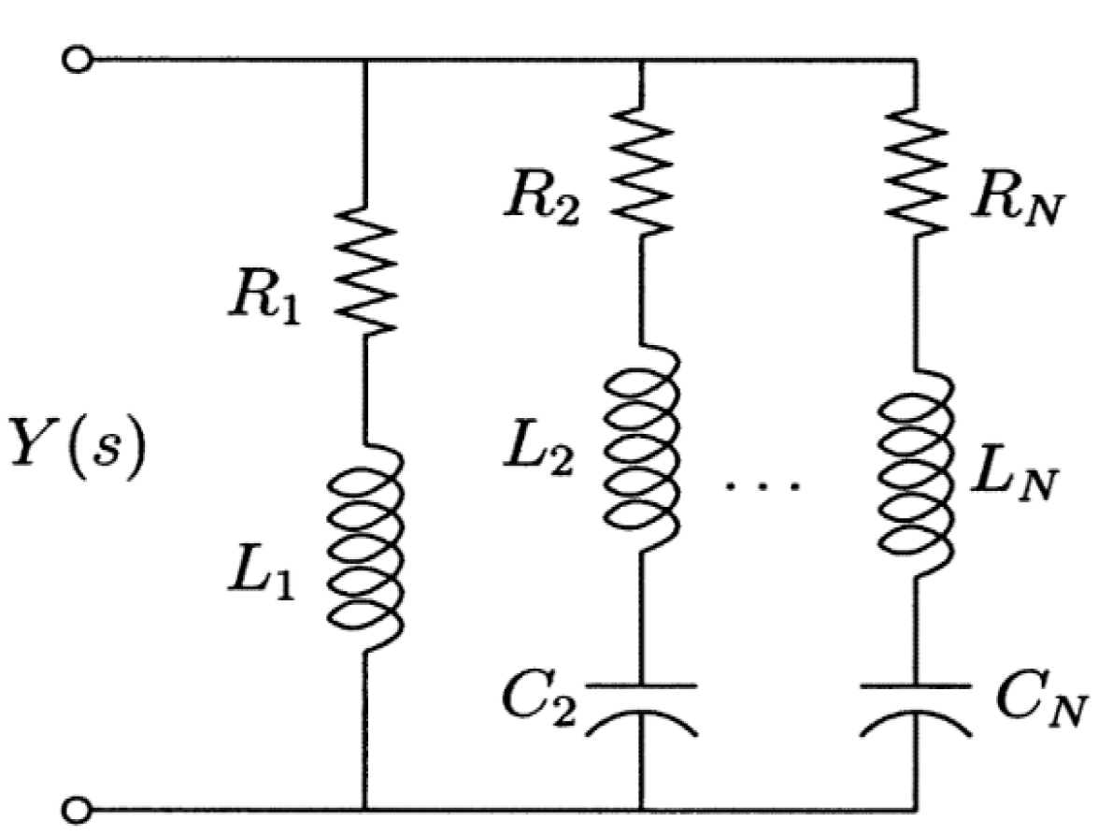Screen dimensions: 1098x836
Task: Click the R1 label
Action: [264, 300]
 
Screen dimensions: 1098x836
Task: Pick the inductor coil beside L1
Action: [365, 548]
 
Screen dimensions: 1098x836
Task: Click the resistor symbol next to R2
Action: [641, 171]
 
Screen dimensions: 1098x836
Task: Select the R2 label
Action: [541, 199]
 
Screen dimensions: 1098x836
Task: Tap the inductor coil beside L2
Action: [641, 449]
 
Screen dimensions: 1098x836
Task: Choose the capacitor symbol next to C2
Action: [641, 709]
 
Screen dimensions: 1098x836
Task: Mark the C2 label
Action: [538, 700]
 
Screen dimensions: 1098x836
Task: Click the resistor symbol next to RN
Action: [916, 171]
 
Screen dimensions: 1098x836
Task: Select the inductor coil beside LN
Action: [916, 474]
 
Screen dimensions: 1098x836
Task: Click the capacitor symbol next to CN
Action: [916, 709]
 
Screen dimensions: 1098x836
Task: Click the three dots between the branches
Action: [762, 484]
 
